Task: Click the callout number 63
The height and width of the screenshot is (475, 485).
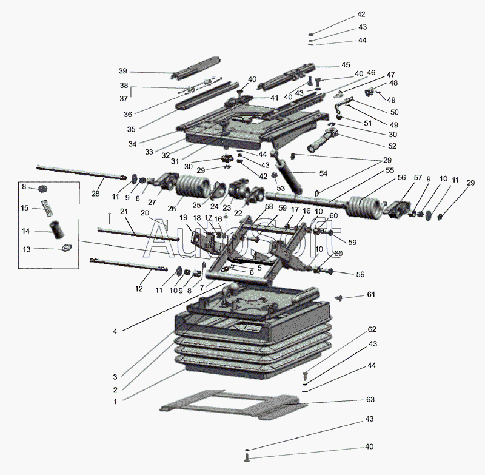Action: click(370, 400)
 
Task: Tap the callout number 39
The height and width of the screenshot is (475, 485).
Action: click(122, 71)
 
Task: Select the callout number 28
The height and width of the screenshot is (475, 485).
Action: click(95, 194)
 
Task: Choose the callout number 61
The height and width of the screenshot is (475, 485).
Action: click(370, 294)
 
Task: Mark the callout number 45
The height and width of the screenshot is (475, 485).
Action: click(346, 65)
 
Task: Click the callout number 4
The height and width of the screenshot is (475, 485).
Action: click(115, 331)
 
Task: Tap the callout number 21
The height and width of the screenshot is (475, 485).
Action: click(124, 212)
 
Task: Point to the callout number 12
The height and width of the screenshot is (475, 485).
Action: click(139, 289)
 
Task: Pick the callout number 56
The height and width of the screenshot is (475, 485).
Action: click(401, 178)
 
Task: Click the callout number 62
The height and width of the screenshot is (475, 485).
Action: click(372, 329)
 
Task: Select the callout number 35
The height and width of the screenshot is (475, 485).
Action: click(132, 128)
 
